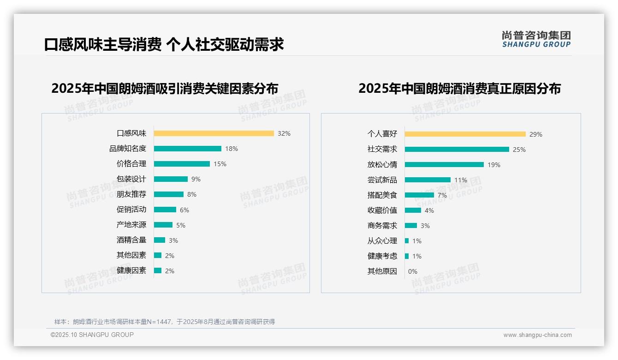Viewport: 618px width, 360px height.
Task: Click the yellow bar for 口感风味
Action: coord(214,133)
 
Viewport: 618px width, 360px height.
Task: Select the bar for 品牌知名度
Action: coord(187,149)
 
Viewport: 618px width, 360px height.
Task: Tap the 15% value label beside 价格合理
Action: coord(220,164)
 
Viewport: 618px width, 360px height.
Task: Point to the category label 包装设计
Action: coord(131,179)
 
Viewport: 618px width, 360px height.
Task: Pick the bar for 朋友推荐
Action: coord(168,194)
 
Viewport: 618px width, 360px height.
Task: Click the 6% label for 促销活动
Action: coord(184,210)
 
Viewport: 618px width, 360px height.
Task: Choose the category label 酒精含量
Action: coord(131,240)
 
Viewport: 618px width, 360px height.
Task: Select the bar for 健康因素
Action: coord(158,270)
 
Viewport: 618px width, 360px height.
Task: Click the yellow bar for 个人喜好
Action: coord(465,134)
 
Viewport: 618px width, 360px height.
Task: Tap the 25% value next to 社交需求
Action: coord(519,150)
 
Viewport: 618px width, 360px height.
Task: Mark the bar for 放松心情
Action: coord(444,165)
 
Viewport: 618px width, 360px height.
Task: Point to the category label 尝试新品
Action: coord(382,180)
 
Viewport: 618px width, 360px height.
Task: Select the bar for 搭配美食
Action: coord(419,195)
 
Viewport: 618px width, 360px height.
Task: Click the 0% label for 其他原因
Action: coord(412,271)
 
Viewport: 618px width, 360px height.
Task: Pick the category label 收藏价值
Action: coord(382,210)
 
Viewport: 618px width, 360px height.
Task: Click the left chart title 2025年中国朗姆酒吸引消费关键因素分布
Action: coord(165,89)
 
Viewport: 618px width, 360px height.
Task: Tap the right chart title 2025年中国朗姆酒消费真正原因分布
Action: coord(459,89)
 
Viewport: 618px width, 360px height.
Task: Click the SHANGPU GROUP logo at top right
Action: coord(536,39)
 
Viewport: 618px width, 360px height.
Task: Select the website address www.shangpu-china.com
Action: coord(537,335)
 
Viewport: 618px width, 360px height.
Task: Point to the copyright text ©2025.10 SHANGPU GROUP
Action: coord(92,335)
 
